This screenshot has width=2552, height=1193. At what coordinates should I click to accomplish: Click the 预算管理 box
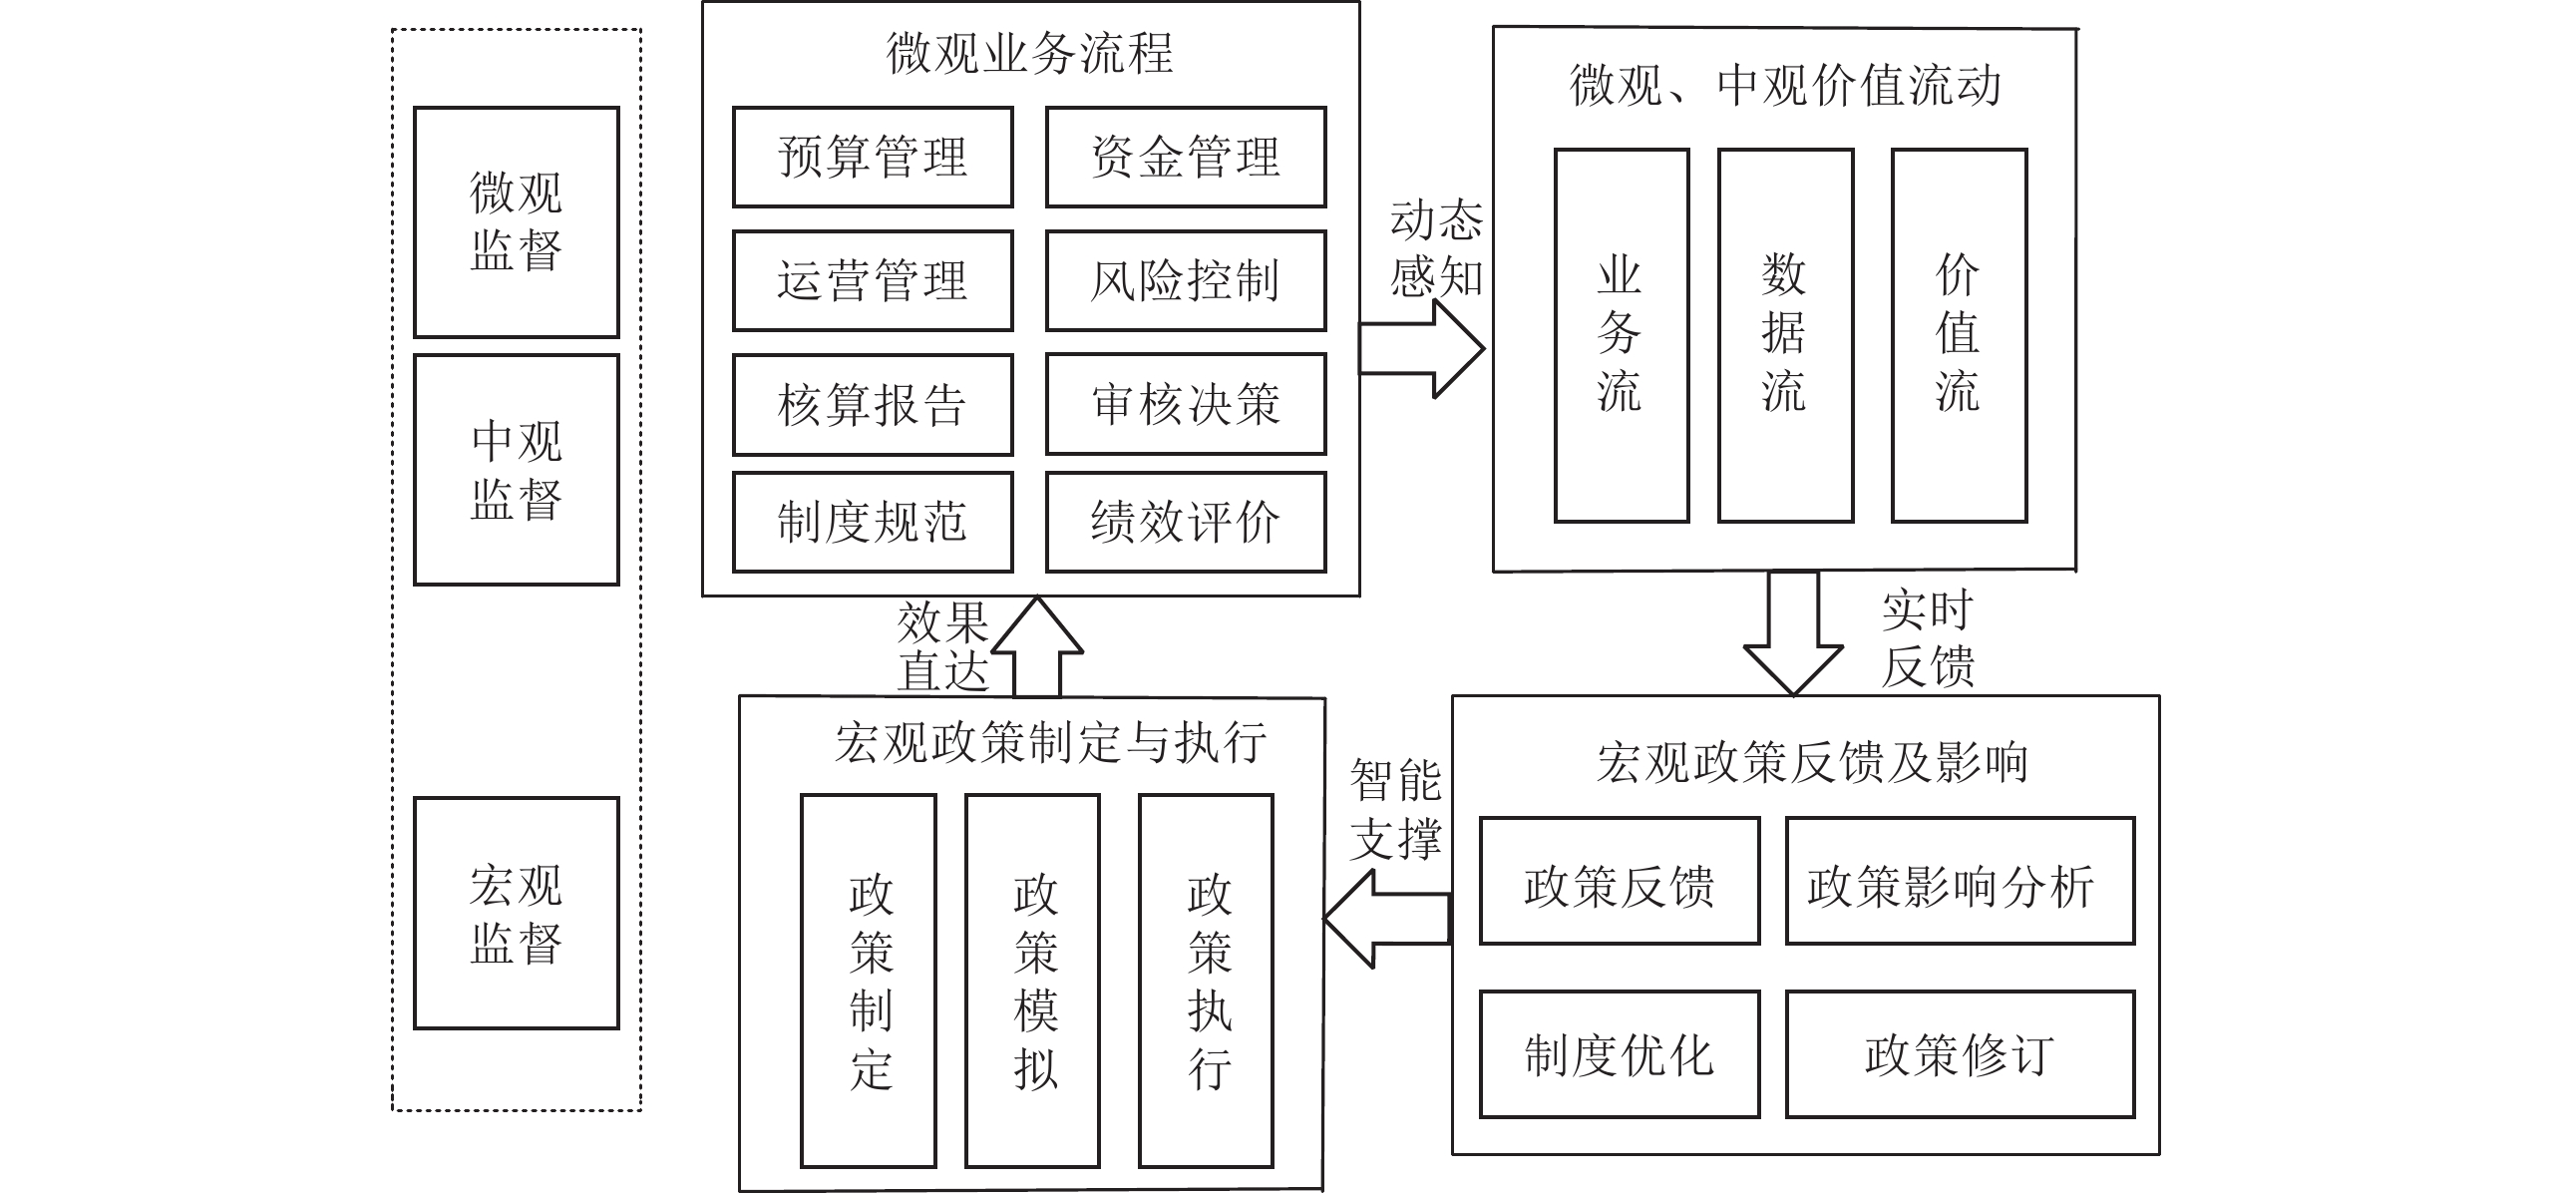873,158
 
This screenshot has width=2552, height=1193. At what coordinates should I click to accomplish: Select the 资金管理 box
1186,158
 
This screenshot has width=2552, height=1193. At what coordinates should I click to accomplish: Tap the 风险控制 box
1186,280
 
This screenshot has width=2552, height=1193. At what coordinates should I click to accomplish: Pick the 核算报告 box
873,404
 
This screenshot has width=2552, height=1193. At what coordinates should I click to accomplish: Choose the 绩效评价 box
1186,522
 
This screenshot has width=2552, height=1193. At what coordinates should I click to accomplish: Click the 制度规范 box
873,522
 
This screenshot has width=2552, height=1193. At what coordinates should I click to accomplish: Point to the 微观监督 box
517,221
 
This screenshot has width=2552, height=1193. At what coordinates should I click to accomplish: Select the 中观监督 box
517,469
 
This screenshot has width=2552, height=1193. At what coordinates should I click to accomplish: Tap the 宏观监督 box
517,913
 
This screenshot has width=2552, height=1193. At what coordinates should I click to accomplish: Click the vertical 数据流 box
1785,335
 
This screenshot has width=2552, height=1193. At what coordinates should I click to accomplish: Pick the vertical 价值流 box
1959,335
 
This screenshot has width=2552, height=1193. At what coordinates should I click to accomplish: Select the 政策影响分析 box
1960,881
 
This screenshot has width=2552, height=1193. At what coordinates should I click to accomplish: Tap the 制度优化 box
1619,1053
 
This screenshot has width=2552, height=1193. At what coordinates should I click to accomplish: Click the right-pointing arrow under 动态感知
1422,348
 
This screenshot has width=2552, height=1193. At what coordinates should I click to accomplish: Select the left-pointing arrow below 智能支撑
1386,919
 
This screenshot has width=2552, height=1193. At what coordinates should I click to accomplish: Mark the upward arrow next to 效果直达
1037,646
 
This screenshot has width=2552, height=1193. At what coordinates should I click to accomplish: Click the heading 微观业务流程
1029,53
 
